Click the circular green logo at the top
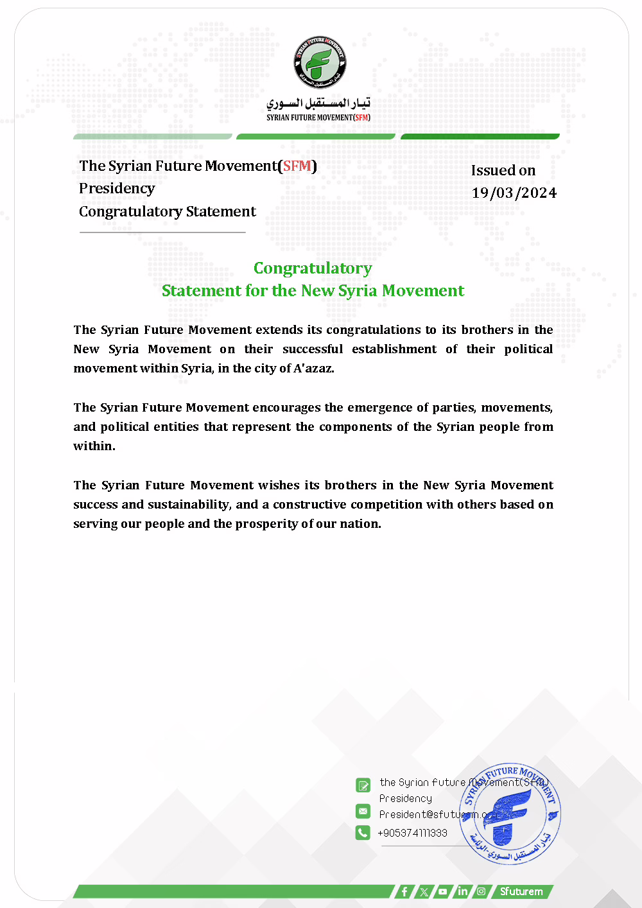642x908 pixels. point(320,62)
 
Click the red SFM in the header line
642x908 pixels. point(297,166)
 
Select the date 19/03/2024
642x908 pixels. point(514,193)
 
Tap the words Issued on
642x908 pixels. point(503,170)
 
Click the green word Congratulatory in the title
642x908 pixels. point(313,268)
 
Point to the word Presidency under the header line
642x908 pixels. point(117,188)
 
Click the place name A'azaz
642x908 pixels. point(313,368)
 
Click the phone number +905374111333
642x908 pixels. point(412,833)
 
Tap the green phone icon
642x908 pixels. point(363,832)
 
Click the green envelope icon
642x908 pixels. point(363,811)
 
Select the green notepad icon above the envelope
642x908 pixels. point(363,785)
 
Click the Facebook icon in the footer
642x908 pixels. point(404,891)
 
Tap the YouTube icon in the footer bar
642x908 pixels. point(443,891)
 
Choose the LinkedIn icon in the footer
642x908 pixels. point(462,891)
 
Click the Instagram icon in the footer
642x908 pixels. point(481,891)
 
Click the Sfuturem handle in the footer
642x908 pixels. point(521,891)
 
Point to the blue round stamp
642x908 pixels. point(510,814)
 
